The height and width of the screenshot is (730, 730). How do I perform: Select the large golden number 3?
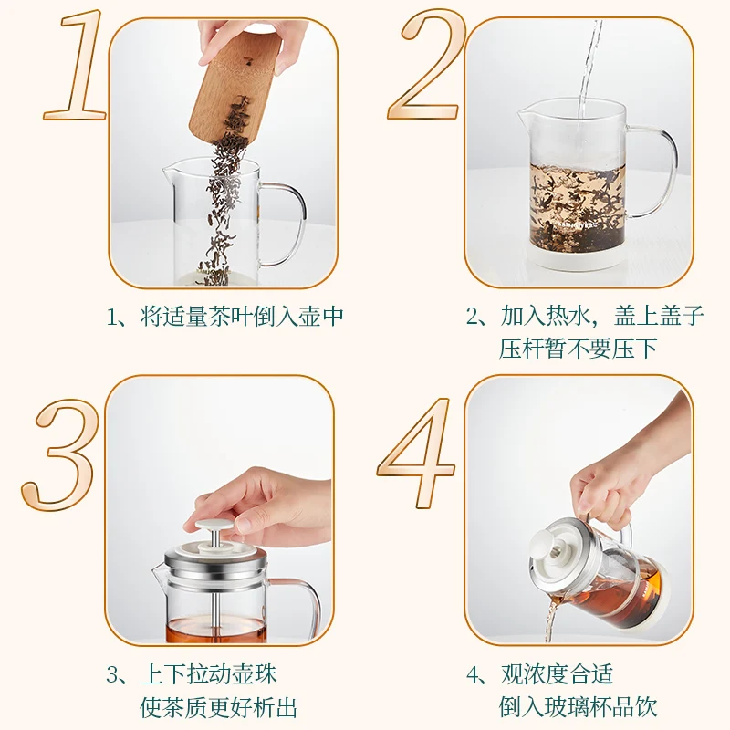click(59, 454)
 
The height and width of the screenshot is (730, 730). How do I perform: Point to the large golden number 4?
click(417, 453)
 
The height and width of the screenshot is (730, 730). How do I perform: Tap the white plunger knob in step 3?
click(214, 526)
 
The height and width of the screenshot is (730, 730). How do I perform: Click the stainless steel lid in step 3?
click(215, 560)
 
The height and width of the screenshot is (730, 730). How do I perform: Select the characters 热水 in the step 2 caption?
click(567, 316)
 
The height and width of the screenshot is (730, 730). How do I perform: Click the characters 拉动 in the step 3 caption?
click(210, 674)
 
